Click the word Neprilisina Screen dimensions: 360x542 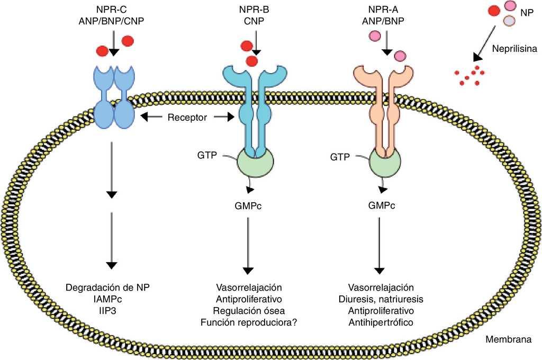point(514,48)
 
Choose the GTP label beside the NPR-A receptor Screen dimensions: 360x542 point(339,157)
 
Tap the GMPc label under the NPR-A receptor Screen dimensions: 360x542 point(381,205)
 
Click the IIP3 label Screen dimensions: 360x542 point(108,310)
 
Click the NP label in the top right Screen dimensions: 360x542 point(527,12)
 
